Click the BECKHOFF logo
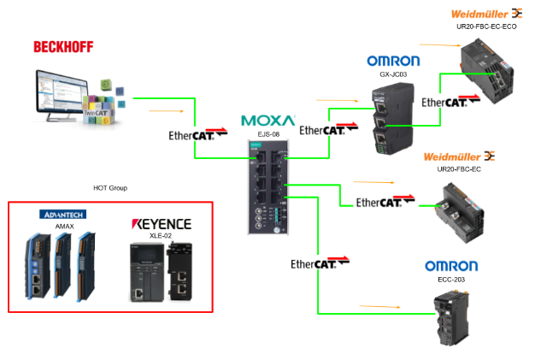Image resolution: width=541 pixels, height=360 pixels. tap(63, 47)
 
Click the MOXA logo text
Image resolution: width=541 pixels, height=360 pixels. tap(268, 121)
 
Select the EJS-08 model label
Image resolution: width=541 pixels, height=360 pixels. tap(269, 134)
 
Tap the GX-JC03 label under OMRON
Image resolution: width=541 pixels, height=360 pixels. tap(392, 74)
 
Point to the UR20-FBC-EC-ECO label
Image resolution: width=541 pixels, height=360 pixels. tap(487, 27)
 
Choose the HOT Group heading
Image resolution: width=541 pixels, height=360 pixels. tap(110, 187)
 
